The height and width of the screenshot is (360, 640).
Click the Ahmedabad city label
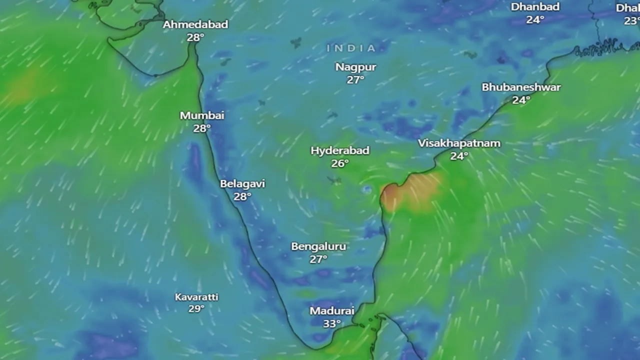tap(195, 24)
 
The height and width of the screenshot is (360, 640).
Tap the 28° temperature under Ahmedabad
tap(195, 37)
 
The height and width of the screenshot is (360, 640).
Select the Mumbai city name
tap(202, 115)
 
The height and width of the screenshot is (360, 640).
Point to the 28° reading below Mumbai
tap(201, 128)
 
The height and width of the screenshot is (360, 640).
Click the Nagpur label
tap(355, 67)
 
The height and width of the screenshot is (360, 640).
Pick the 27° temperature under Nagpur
tap(355, 79)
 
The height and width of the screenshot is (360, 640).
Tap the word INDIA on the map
tap(351, 48)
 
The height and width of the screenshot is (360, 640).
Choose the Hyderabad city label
tap(340, 150)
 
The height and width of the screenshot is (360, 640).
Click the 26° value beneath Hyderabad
tap(340, 163)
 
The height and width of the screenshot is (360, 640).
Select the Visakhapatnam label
tap(459, 143)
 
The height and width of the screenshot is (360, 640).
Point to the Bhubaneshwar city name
tap(521, 87)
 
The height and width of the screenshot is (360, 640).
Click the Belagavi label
tap(242, 183)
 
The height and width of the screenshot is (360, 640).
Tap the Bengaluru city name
tap(318, 246)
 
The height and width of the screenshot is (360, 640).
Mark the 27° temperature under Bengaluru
tap(318, 259)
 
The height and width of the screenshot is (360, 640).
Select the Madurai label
tap(332, 311)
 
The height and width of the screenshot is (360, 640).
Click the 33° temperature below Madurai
tap(331, 324)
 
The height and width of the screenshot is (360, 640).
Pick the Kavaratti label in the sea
tap(196, 297)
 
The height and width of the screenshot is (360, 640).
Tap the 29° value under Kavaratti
tap(196, 309)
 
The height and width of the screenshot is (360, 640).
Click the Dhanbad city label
tap(534, 7)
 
